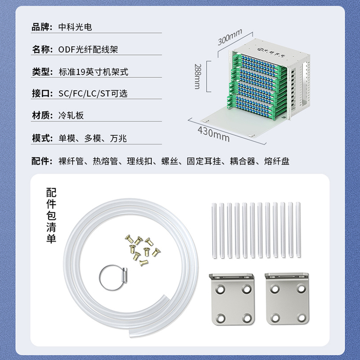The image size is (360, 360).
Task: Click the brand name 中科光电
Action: (x=75, y=27)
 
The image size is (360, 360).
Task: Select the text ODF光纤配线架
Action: (x=88, y=49)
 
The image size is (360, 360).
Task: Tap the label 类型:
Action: (x=42, y=72)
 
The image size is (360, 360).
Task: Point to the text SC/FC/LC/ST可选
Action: (x=93, y=94)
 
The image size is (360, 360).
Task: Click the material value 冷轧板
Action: (x=71, y=116)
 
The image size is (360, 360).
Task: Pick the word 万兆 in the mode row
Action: (x=118, y=139)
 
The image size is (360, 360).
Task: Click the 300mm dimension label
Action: (x=230, y=37)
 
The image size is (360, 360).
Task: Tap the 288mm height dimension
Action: (x=198, y=76)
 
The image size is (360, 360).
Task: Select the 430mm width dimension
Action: (x=213, y=134)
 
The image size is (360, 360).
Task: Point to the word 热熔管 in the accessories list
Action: (x=105, y=161)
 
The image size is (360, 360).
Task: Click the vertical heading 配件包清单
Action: (x=51, y=215)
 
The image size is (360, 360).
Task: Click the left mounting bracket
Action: (x=232, y=299)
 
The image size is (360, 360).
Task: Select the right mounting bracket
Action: (x=287, y=299)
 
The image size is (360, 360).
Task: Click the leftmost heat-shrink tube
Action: (x=214, y=230)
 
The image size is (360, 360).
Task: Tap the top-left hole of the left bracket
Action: (x=220, y=289)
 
